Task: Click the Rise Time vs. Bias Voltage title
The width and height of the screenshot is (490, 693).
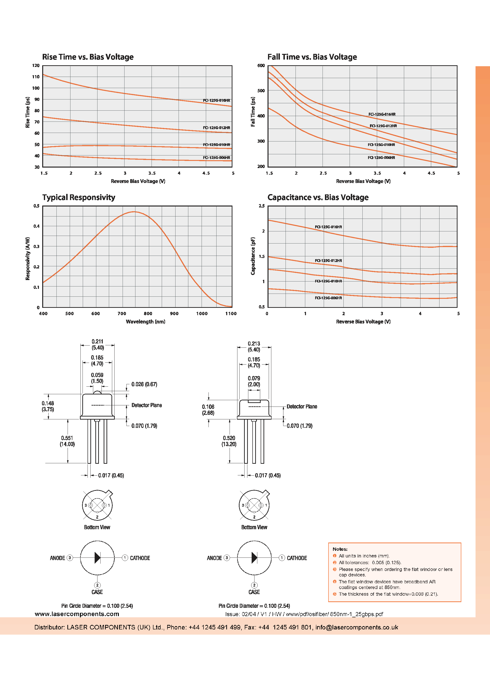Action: [88, 57]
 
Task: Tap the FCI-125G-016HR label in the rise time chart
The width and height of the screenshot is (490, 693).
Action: [216, 101]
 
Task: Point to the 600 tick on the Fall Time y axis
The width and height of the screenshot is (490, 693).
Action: [261, 66]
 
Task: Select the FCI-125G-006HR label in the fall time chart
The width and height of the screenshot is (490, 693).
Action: [381, 158]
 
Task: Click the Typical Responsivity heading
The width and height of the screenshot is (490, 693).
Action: [79, 197]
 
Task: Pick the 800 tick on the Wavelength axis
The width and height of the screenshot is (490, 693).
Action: [148, 314]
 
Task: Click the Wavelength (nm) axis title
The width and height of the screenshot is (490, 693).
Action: [145, 322]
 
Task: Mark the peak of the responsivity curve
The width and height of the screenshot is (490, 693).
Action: [134, 212]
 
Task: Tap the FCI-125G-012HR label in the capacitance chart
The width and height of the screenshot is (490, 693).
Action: [328, 261]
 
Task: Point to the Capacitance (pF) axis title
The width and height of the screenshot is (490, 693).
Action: [253, 256]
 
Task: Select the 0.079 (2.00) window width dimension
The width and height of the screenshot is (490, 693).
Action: [254, 381]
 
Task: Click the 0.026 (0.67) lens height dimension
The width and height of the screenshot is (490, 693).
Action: [144, 384]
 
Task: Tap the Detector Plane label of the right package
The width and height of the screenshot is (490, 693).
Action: [302, 407]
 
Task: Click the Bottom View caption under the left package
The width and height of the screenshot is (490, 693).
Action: [97, 527]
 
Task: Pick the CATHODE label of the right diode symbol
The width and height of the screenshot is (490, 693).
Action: [297, 558]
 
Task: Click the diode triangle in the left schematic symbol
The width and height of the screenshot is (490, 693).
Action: [97, 558]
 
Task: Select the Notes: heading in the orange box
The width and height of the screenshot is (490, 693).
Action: [340, 549]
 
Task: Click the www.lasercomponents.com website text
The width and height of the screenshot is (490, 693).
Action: [77, 614]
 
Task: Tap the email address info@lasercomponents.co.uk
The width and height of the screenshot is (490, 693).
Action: [357, 627]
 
